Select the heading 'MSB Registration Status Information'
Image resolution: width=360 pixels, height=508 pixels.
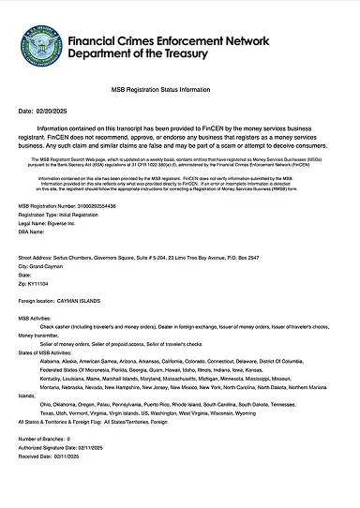[180, 90]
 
